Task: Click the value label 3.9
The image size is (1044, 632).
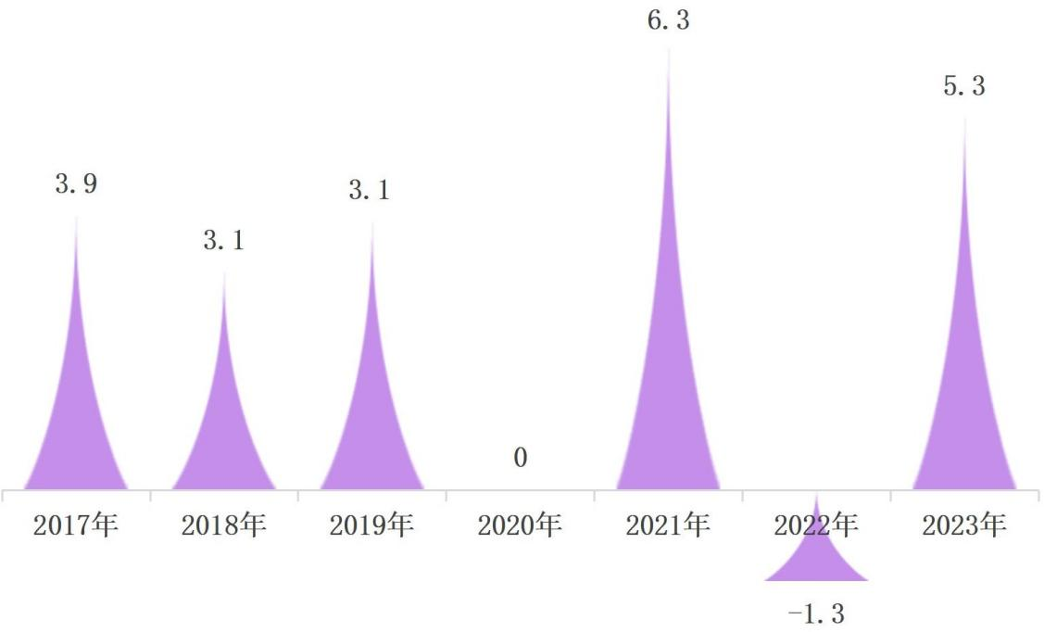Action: [x=76, y=184]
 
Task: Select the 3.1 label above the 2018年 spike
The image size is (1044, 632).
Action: [x=224, y=241]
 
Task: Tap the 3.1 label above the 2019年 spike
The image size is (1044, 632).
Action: [x=370, y=191]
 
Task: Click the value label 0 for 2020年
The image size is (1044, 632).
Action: [x=521, y=458]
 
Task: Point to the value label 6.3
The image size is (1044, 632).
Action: [x=669, y=20]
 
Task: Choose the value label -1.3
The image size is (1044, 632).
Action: [x=814, y=613]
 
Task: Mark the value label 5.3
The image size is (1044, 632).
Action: [x=964, y=87]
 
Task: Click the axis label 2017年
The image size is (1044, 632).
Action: [x=76, y=526]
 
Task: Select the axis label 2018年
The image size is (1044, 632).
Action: [x=224, y=526]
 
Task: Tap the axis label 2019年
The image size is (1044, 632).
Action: [x=372, y=526]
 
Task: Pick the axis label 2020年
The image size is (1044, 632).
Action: [x=521, y=526]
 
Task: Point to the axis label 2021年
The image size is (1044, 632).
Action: [x=669, y=526]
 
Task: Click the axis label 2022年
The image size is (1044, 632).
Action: [x=816, y=525]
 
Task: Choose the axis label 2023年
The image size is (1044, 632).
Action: [x=964, y=526]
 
